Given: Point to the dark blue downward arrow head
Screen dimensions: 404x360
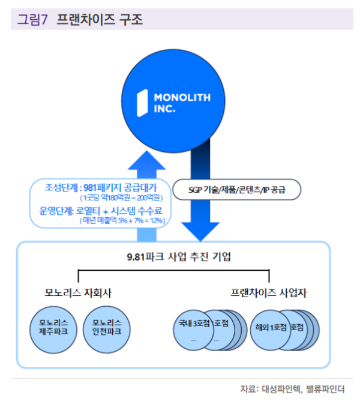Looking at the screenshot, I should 200,229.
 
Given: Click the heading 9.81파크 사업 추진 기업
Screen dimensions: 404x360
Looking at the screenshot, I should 174,256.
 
